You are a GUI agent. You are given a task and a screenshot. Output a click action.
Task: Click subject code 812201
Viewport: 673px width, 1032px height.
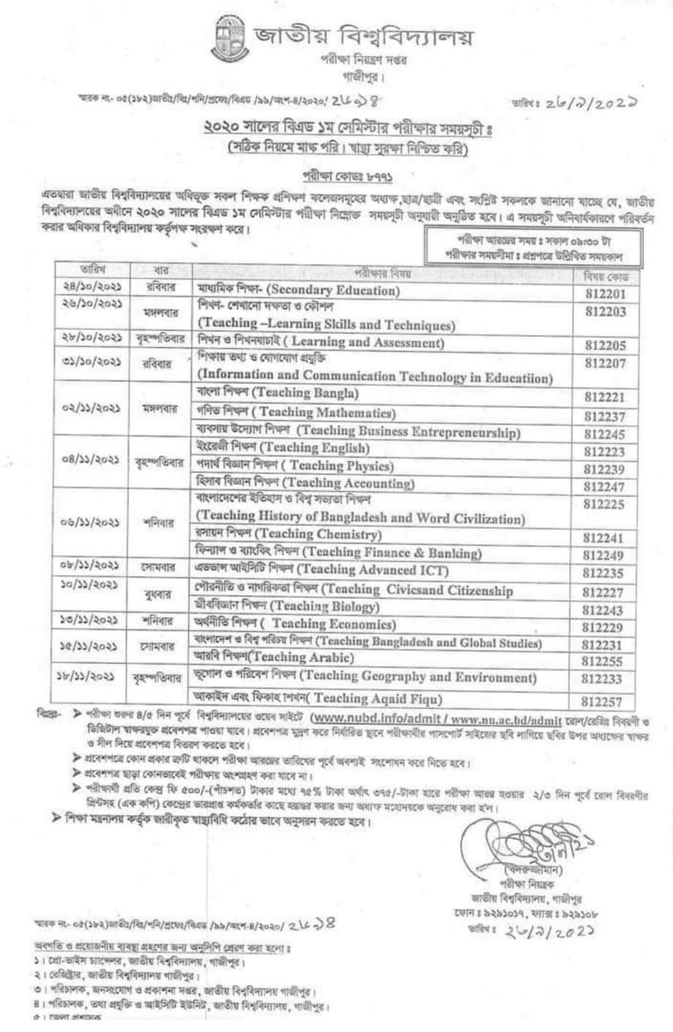[x=604, y=294]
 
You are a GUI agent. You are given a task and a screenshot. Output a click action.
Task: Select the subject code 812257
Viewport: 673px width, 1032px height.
[x=604, y=700]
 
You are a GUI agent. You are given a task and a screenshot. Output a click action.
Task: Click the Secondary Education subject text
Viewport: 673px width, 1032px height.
[x=333, y=290]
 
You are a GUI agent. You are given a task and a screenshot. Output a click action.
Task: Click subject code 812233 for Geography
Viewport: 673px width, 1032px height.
[x=604, y=679]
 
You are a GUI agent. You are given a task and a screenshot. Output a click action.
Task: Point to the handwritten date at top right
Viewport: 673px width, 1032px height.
[x=582, y=103]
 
